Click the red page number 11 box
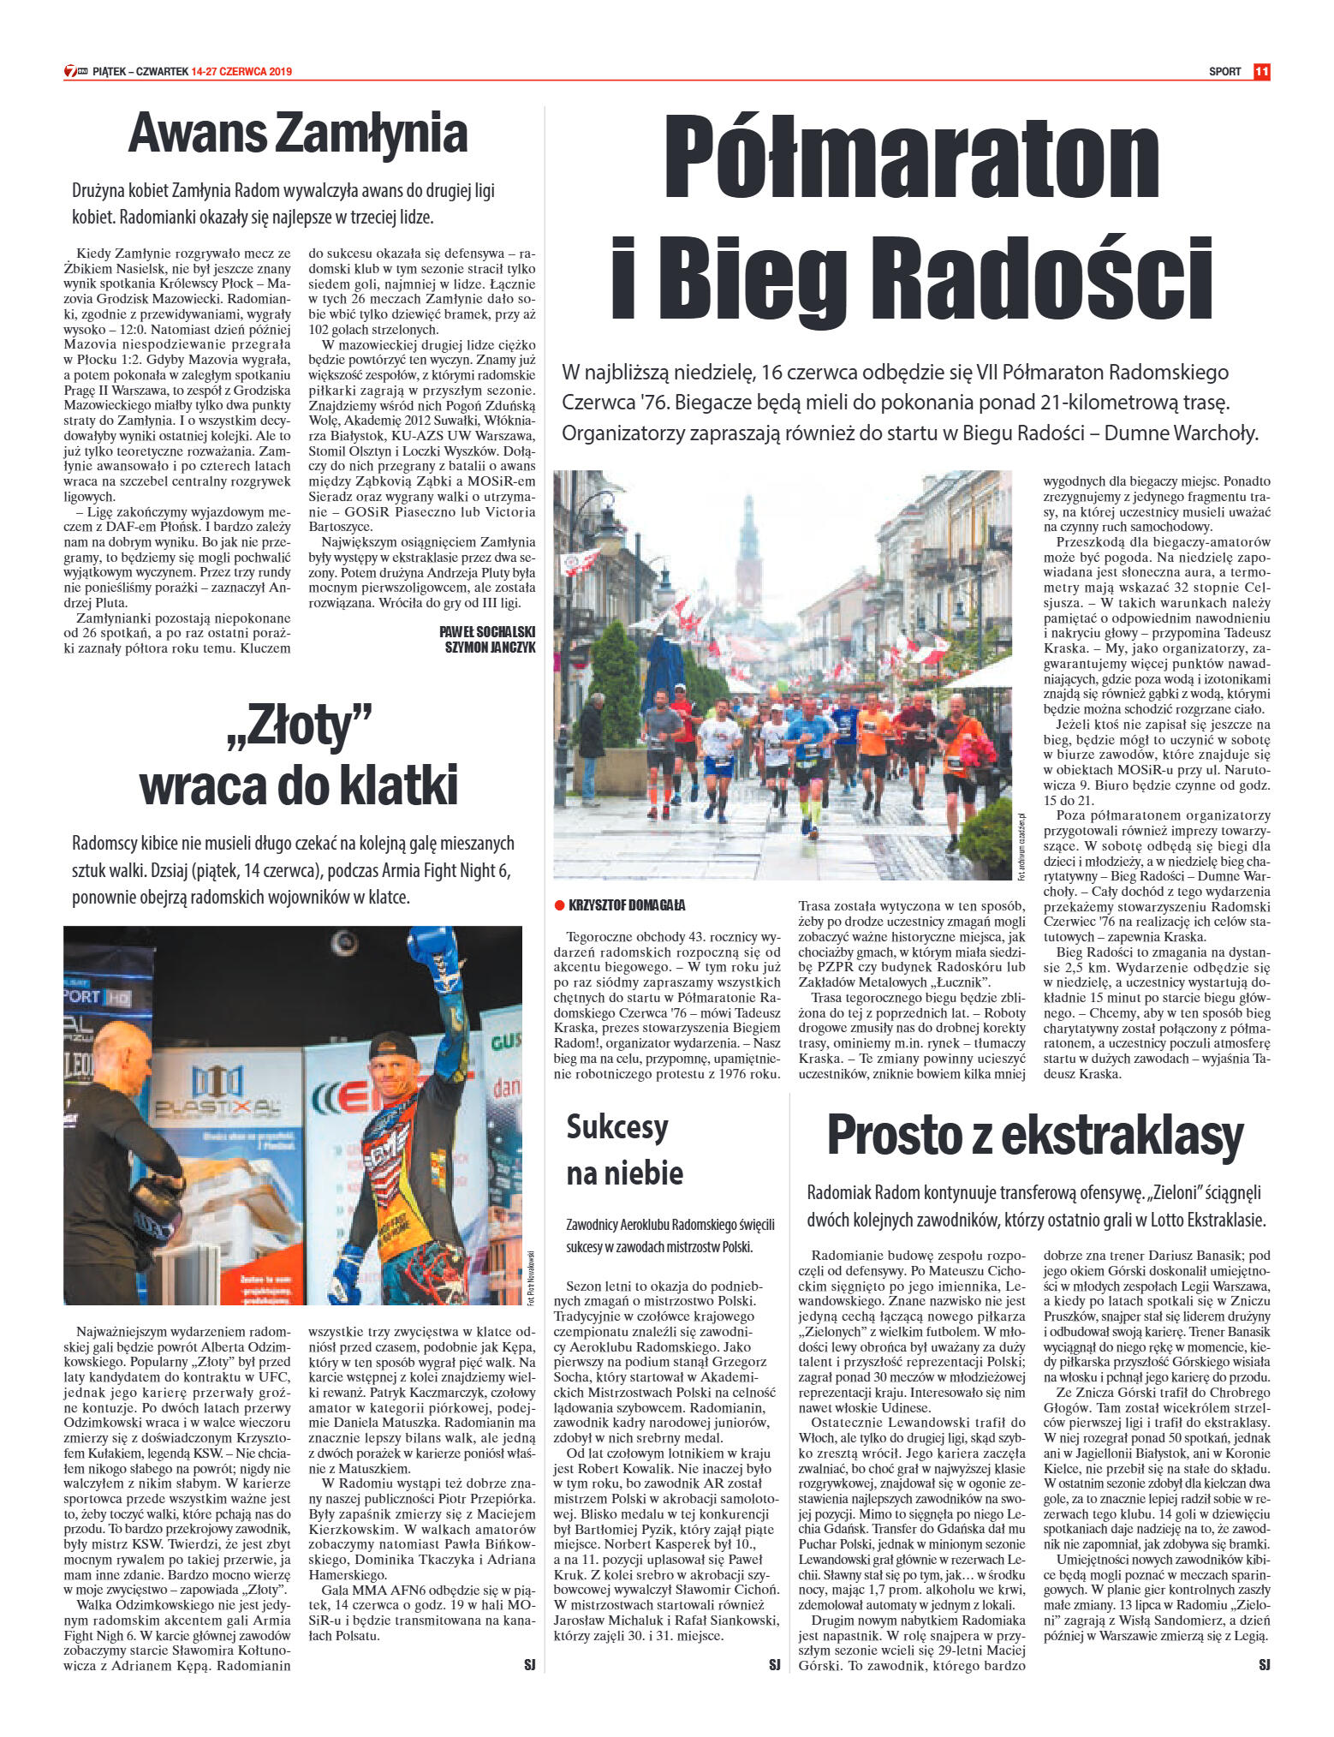(1261, 72)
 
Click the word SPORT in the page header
(1224, 72)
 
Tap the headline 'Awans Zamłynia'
(298, 134)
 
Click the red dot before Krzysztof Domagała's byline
(559, 905)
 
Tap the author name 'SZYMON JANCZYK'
(490, 648)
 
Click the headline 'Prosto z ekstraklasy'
(1034, 1136)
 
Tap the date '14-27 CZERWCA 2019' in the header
(242, 72)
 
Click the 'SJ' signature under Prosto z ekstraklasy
(1264, 1664)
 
